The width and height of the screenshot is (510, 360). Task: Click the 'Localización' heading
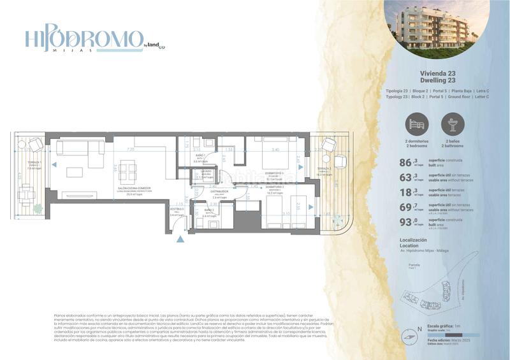point(413,240)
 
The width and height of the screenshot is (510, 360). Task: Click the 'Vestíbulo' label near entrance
point(177,209)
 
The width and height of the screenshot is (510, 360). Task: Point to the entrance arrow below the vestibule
point(181,240)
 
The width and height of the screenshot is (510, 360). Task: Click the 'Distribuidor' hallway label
point(220,191)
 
